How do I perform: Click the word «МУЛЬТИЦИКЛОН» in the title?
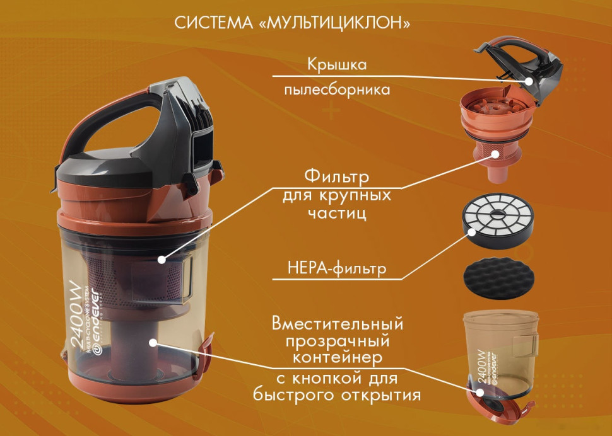(339, 23)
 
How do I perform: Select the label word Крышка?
(337, 65)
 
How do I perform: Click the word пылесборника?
(337, 90)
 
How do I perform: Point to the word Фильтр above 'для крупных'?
(337, 174)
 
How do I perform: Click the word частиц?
(337, 214)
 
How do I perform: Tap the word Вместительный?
(337, 324)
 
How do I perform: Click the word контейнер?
(337, 358)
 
